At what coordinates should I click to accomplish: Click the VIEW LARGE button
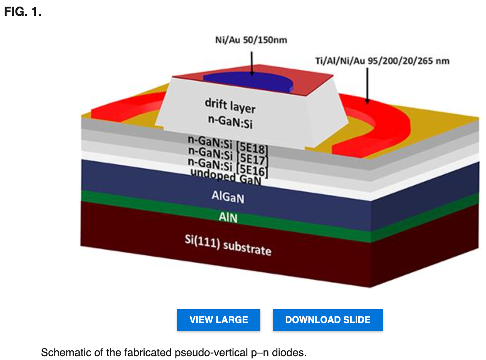[218, 320]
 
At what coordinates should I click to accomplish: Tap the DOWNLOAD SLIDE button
[327, 320]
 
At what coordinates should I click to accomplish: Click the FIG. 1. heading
[23, 12]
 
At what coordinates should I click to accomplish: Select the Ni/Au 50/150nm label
[251, 40]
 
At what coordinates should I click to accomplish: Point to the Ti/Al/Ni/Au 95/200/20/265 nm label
[382, 61]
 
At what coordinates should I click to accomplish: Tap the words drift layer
[230, 106]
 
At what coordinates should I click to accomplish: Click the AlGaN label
[228, 197]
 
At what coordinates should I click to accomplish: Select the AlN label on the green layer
[228, 217]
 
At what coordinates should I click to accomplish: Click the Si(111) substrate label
[228, 245]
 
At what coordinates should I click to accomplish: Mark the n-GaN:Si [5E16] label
[228, 167]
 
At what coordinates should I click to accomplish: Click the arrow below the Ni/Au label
[252, 64]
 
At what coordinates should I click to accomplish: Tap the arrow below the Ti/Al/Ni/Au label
[368, 86]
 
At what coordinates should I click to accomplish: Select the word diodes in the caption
[289, 353]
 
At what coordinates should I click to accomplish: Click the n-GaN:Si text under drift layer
[230, 122]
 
